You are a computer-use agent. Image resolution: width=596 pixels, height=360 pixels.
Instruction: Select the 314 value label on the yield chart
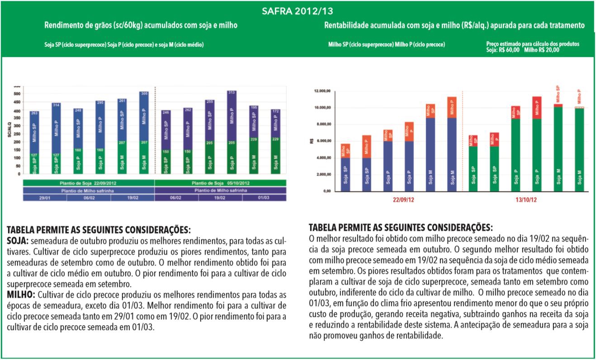click(x=56, y=105)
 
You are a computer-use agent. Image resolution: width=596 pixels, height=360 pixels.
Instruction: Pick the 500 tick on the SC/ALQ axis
click(x=17, y=94)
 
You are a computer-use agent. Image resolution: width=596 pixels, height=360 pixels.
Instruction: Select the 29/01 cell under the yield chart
click(x=45, y=198)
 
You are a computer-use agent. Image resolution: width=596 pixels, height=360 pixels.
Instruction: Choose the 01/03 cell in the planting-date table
click(x=265, y=198)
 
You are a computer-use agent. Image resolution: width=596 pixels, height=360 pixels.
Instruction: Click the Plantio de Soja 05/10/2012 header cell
click(x=221, y=183)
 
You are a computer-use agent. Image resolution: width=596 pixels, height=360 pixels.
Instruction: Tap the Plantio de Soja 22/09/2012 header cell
click(x=89, y=183)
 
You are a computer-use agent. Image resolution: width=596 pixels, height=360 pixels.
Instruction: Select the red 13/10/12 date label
click(x=526, y=199)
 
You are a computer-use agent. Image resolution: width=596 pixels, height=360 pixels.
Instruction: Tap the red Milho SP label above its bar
click(x=558, y=94)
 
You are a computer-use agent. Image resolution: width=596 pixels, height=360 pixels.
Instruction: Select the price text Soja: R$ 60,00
click(x=503, y=50)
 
